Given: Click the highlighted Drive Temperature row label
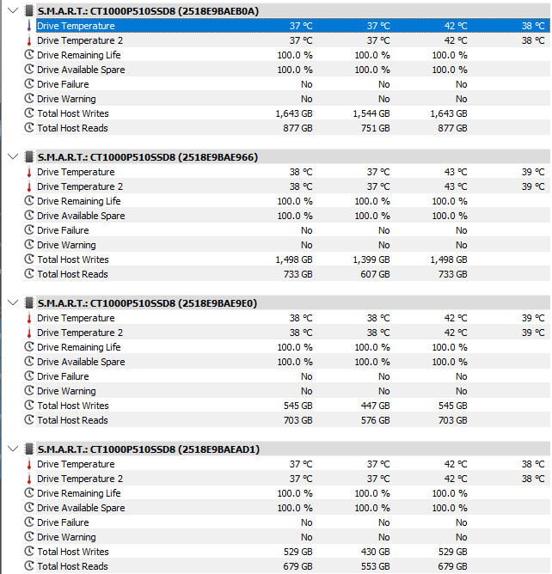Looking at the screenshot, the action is [76, 26].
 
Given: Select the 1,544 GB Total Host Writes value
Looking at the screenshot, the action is [371, 113].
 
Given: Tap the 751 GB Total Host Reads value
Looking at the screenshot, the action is [376, 128].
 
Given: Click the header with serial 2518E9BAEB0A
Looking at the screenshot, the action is [148, 11].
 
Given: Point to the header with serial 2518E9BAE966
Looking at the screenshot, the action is [148, 157].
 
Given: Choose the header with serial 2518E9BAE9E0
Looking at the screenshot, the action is [147, 303].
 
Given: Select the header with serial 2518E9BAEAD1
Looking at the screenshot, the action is [149, 449].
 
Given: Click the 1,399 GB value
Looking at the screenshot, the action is [371, 260].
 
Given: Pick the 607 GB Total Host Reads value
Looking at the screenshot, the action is [375, 274].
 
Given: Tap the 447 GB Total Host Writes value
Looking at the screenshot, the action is [375, 406].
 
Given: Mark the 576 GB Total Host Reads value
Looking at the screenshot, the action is [376, 420].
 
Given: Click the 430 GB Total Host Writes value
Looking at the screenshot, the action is [375, 552].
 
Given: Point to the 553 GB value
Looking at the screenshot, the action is [376, 566].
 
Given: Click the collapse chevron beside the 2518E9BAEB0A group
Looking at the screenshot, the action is [13, 10].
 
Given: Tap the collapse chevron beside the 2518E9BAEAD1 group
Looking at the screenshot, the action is [13, 449].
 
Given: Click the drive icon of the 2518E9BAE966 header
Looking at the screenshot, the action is [28, 157].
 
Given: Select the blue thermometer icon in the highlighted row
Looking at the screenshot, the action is [29, 26].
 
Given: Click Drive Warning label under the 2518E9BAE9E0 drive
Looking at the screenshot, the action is [66, 391].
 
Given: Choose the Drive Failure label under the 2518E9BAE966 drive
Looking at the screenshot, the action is [63, 230].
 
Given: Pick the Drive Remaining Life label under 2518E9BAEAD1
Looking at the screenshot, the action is [79, 493].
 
